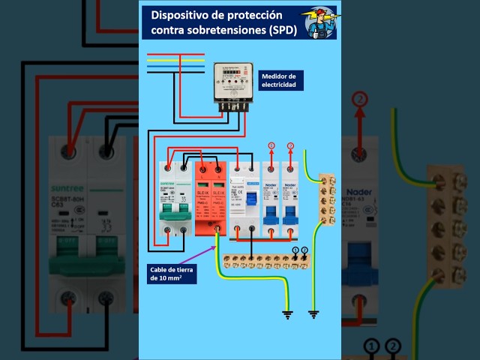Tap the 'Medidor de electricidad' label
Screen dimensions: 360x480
279,81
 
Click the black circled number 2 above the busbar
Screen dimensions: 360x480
304,250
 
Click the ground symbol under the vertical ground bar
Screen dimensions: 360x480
313,313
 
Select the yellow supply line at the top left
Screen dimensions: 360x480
175,60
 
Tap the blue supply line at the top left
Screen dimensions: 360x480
175,66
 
